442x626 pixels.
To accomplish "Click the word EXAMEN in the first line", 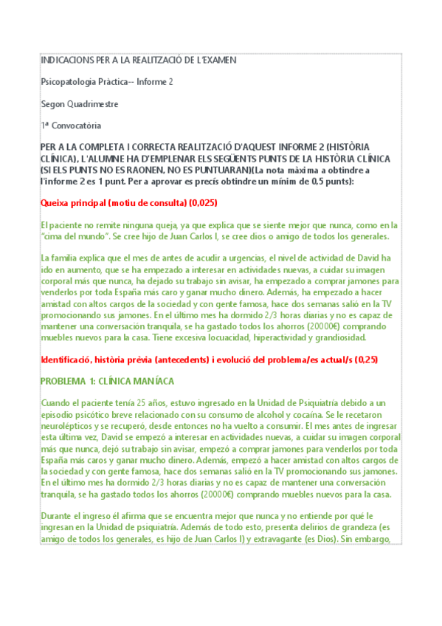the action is pyautogui.click(x=221, y=60).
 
